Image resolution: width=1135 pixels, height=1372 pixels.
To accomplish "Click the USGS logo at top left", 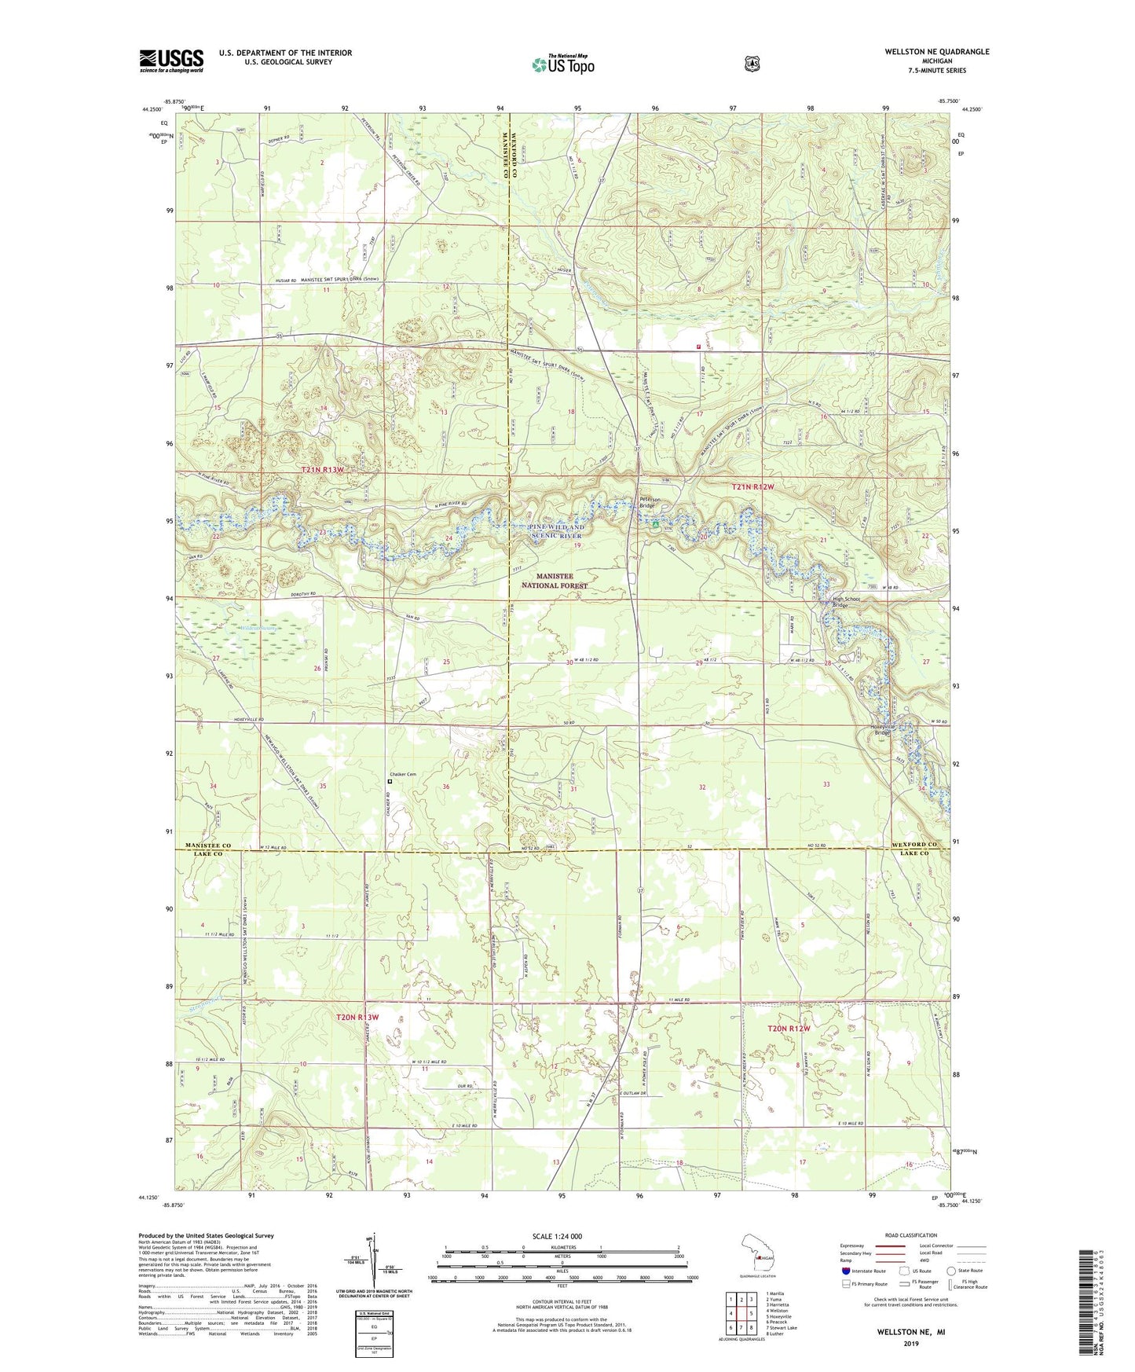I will [171, 61].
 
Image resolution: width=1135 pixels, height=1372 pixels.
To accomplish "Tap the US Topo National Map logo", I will [562, 64].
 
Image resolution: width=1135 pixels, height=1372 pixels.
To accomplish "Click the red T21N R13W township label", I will [323, 470].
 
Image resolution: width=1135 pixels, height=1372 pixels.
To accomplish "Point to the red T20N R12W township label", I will [788, 1028].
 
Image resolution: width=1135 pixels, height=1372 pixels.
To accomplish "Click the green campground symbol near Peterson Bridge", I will [655, 523].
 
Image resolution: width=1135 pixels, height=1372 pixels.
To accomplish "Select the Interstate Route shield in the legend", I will [845, 1270].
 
